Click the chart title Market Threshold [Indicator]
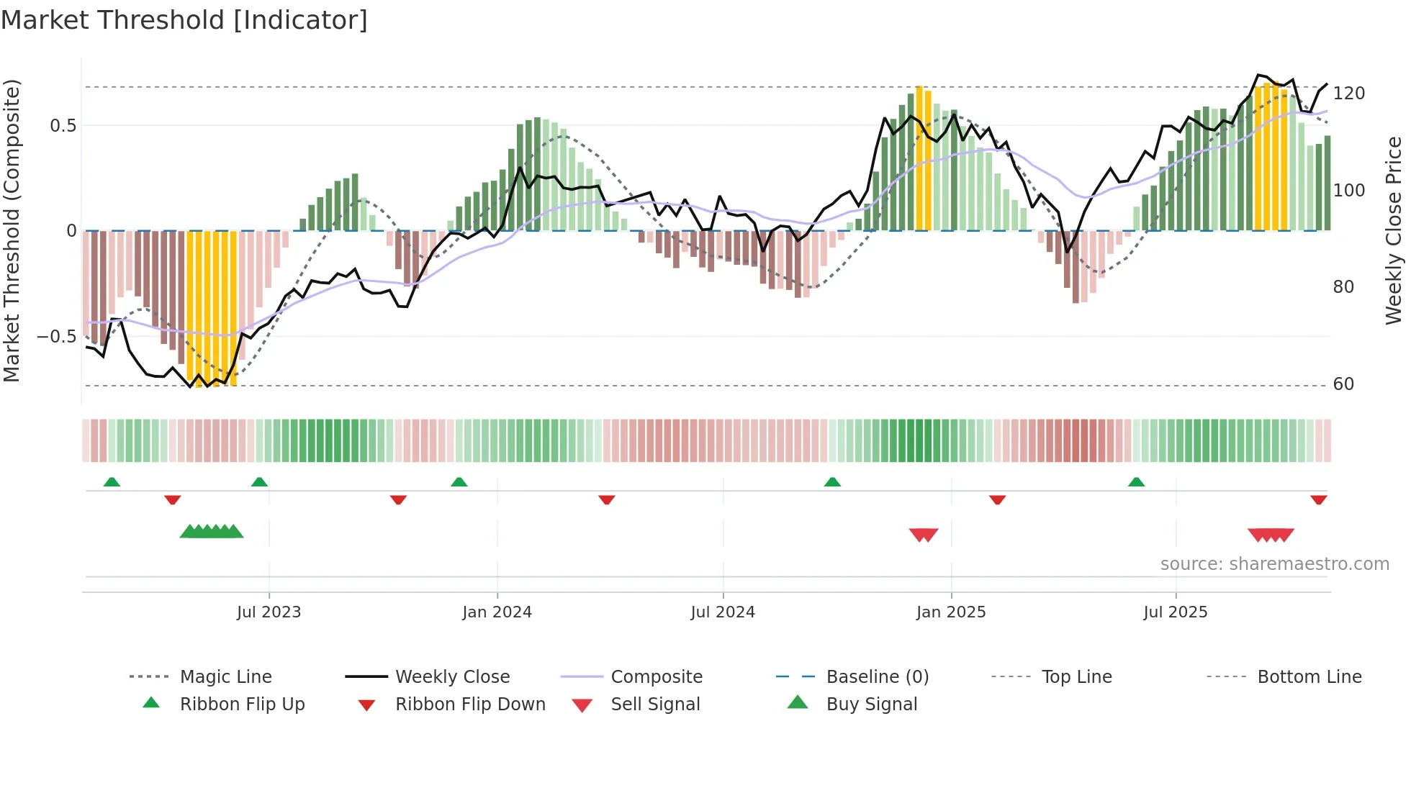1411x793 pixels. pos(184,20)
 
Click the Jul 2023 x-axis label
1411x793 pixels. pos(269,612)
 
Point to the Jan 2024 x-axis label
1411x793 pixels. pos(497,612)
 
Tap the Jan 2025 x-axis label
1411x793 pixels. pos(951,612)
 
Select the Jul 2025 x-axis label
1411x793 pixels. pos(1175,612)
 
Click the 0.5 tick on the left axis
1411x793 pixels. pos(63,126)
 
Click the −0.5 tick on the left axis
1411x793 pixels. pos(57,337)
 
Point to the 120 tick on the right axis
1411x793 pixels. pos(1348,94)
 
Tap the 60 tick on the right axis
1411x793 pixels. pos(1343,384)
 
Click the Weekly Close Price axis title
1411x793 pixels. pos(1394,230)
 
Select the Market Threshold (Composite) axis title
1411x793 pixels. pos(12,230)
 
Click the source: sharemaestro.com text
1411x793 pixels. pos(1274,564)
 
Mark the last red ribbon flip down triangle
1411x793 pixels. pos(1318,499)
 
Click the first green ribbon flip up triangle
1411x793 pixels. pos(112,482)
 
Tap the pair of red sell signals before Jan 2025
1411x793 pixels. pos(924,535)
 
